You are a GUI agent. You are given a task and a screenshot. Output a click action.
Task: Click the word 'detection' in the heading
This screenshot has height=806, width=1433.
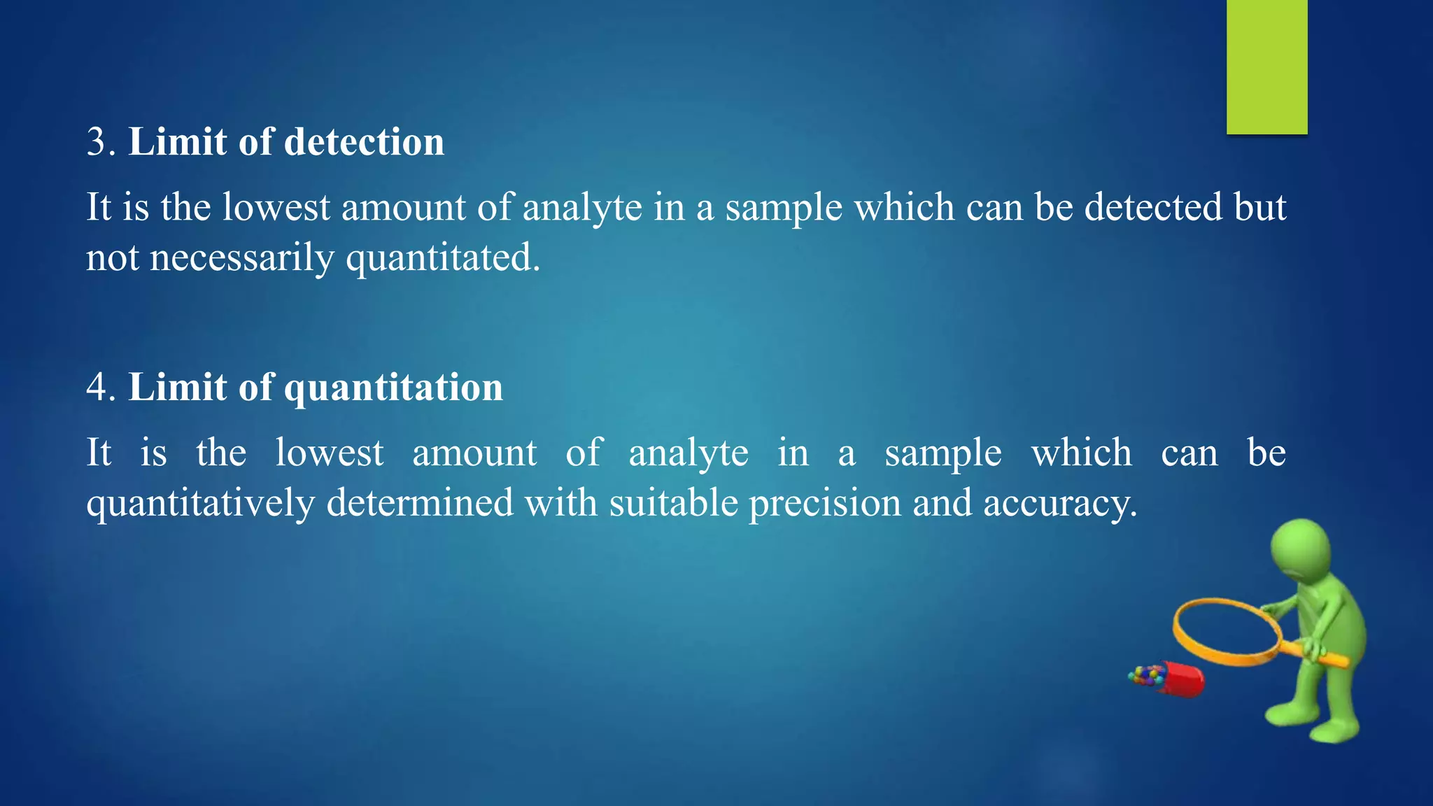(x=364, y=142)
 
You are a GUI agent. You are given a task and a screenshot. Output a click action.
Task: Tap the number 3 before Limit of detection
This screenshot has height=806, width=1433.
(x=98, y=142)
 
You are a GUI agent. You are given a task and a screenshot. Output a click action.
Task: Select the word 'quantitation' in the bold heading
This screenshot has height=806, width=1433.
(x=393, y=388)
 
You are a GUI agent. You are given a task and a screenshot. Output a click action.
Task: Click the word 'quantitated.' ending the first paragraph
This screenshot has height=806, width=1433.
(x=444, y=259)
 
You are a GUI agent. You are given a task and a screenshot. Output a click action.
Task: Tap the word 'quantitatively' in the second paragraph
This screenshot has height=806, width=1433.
(x=200, y=504)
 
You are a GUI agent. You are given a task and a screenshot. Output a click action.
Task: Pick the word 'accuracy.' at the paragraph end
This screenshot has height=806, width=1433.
(x=1060, y=504)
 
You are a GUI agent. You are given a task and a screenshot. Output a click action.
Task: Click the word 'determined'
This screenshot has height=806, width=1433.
(x=420, y=503)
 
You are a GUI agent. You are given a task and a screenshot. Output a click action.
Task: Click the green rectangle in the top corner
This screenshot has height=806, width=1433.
(x=1266, y=66)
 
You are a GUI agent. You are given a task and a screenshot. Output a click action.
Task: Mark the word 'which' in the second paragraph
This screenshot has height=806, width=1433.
(x=1082, y=453)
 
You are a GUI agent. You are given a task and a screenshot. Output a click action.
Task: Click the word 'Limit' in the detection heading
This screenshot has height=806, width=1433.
(x=178, y=142)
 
